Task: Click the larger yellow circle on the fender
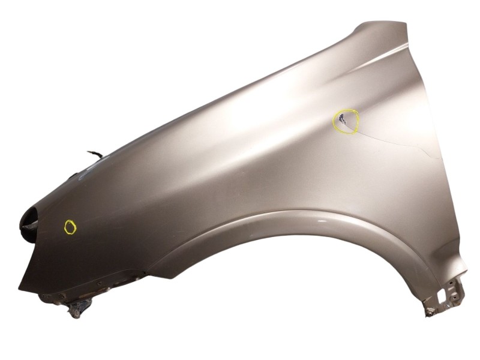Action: [346, 121]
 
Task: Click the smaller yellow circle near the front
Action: [70, 227]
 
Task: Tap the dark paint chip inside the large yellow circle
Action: [342, 117]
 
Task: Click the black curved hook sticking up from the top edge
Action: [95, 154]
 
